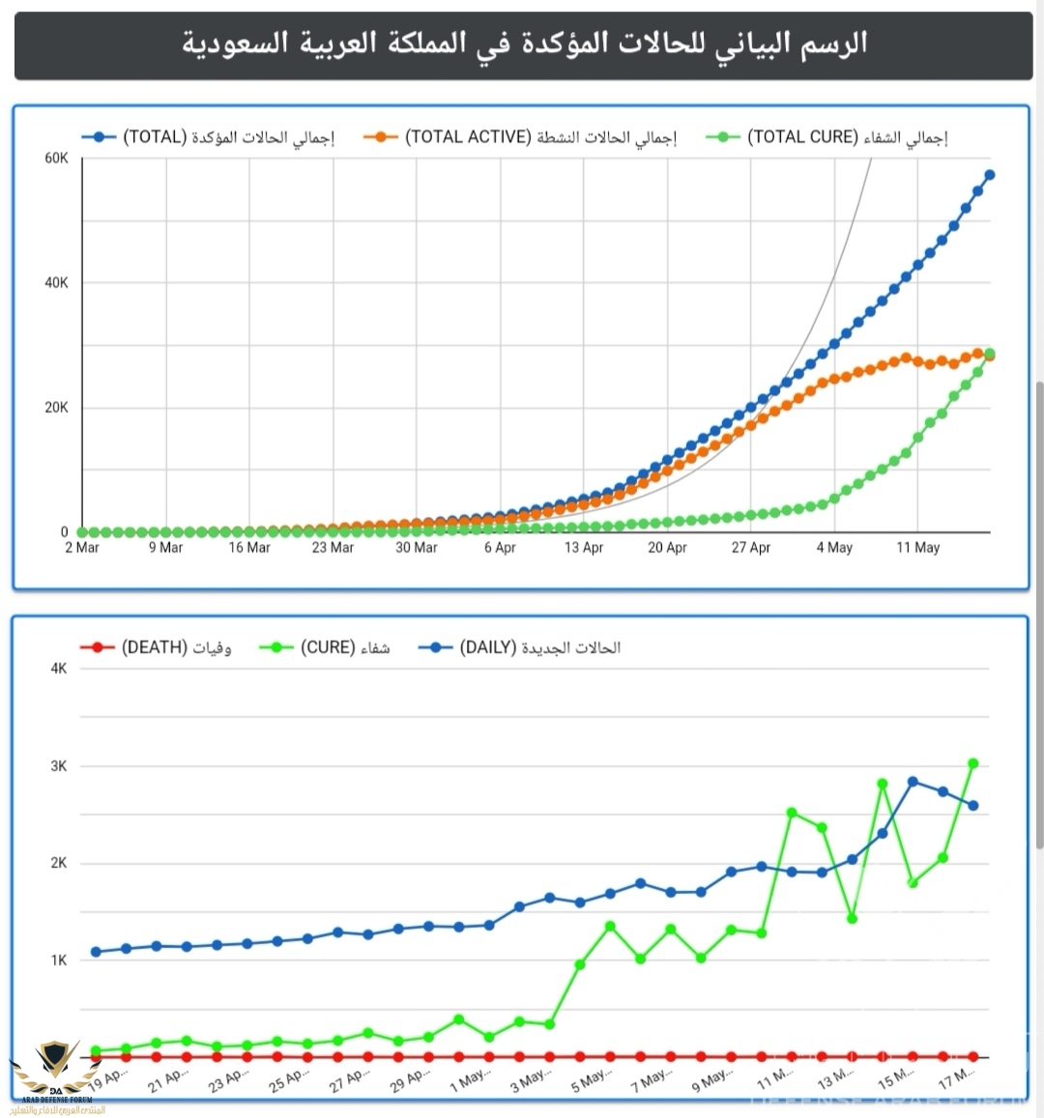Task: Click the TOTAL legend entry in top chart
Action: coord(208,137)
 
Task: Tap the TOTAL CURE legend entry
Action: coord(827,137)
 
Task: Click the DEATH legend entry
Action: coord(156,647)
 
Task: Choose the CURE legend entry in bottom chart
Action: coord(325,647)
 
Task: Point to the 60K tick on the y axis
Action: coord(56,158)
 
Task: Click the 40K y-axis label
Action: coord(56,283)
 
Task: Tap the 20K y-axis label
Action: coord(56,408)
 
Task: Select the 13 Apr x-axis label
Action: coord(584,548)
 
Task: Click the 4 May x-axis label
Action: coord(834,548)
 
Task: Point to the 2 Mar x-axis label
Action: coord(82,548)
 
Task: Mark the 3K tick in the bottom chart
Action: coord(59,766)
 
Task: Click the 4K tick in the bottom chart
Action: coord(59,669)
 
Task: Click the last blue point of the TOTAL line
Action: coord(989,175)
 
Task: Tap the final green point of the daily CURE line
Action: coord(973,763)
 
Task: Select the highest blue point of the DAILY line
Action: coord(913,781)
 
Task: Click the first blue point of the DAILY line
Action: coord(96,952)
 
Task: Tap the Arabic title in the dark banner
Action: coord(524,43)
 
